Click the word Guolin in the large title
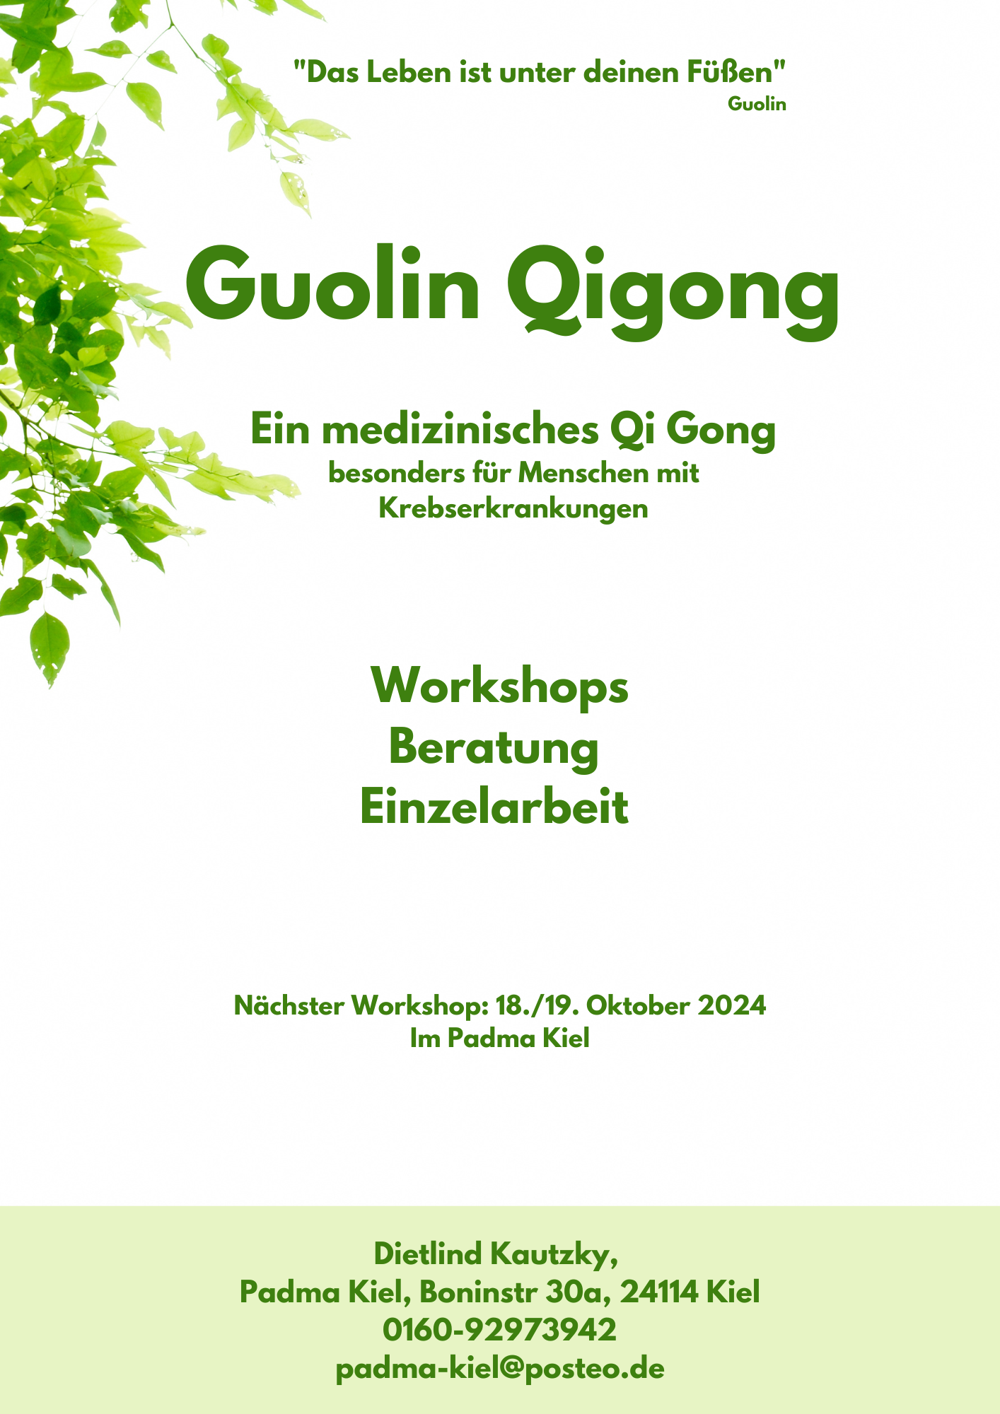pos(332,283)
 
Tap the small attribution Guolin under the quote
pos(757,104)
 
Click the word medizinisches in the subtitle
pos(460,429)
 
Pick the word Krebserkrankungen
pos(513,508)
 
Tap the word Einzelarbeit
pos(494,807)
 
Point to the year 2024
pos(732,1005)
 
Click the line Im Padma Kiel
pos(500,1038)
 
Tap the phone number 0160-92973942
pos(500,1329)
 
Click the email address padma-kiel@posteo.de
pos(500,1369)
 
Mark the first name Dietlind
pos(428,1254)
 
